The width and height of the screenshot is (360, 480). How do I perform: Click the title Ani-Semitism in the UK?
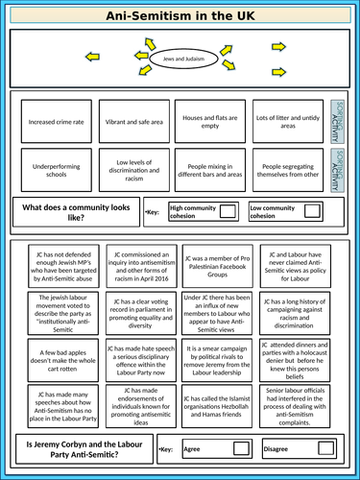[x=180, y=14]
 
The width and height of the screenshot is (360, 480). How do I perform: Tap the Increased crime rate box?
[x=55, y=121]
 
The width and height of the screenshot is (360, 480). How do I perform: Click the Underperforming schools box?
[x=55, y=170]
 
